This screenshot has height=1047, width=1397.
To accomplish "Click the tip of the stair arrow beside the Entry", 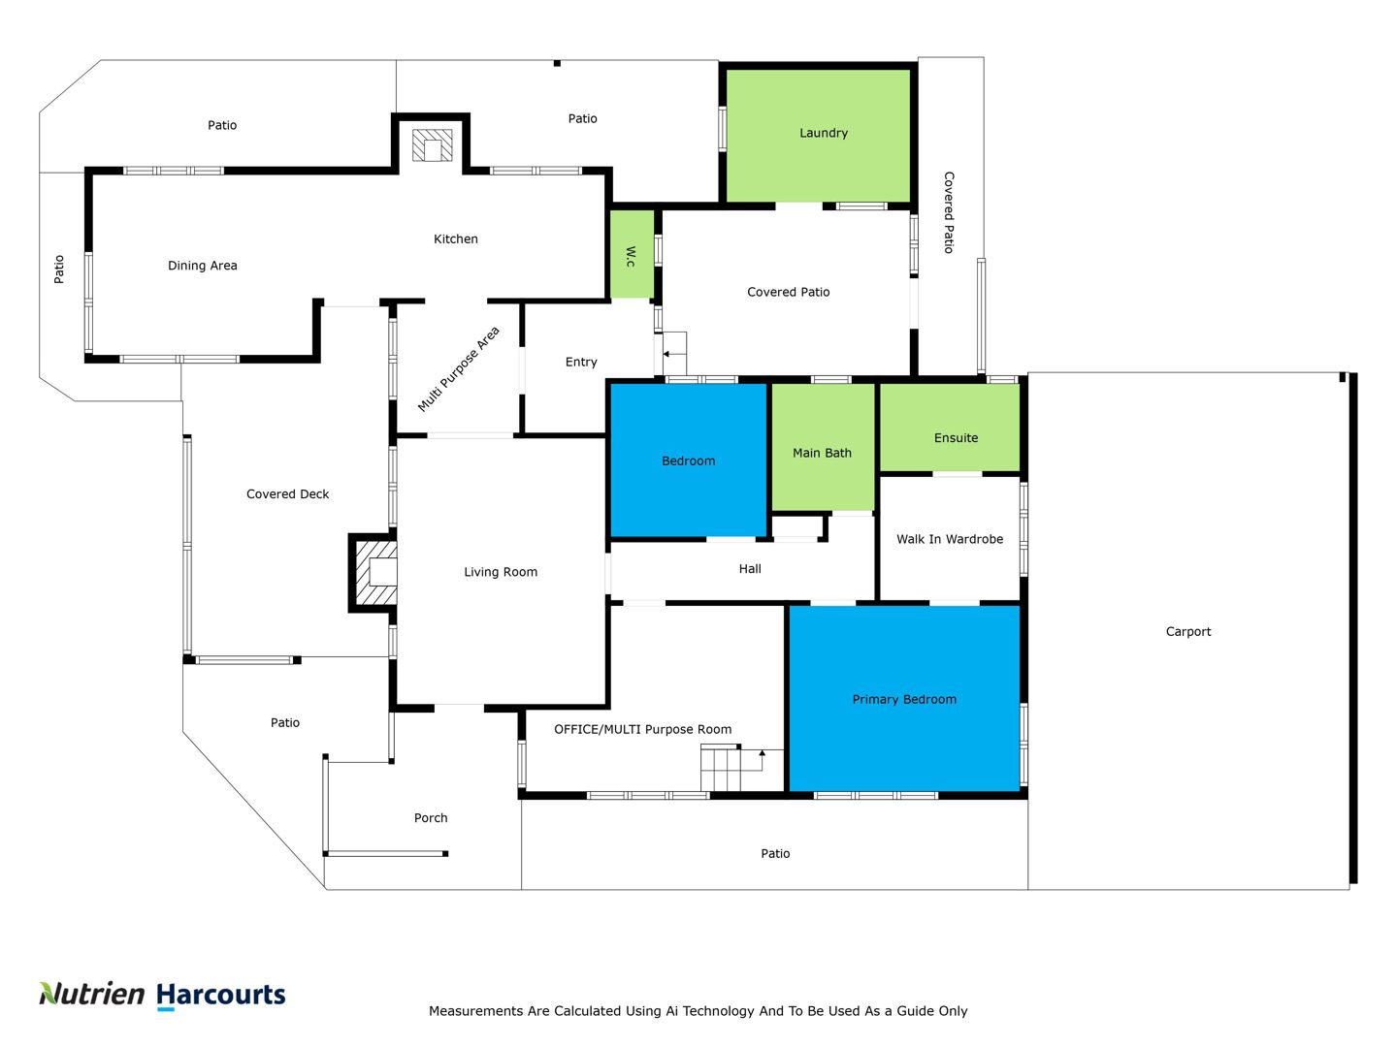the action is pos(664,354).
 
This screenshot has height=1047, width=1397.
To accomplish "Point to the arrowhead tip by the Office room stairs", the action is pos(762,749).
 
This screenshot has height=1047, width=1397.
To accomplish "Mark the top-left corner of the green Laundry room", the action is pos(727,70).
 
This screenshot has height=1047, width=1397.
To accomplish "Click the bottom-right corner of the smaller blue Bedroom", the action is pos(766,536).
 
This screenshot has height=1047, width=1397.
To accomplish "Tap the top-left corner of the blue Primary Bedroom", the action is pos(790,606).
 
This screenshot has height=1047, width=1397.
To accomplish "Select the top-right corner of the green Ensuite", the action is pos(1020,384).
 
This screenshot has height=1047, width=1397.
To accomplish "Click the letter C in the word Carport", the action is pos(1170,631).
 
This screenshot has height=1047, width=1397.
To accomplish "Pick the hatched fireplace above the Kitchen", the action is pos(432,145).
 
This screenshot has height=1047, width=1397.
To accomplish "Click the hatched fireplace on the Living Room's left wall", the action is pos(376,572).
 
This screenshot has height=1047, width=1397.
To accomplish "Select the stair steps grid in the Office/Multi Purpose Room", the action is pos(721,769).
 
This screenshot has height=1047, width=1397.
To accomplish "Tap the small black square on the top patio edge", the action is pos(557,63).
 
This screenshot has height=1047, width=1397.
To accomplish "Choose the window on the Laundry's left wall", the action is pos(723,129).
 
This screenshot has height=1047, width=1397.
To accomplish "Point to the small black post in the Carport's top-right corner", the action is pos(1342,377).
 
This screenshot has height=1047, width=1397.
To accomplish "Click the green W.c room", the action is pos(632,254).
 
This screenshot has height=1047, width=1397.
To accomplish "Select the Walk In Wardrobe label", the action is pos(950,539).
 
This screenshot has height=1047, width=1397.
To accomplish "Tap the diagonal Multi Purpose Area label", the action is pos(458,368).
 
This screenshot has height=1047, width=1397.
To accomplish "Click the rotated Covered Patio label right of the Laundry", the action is pos(948,212).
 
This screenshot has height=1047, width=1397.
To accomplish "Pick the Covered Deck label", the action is pos(288,494).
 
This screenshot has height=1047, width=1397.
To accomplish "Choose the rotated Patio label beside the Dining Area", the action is pos(58,269).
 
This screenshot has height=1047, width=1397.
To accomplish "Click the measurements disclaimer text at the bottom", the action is pos(698,1011).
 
